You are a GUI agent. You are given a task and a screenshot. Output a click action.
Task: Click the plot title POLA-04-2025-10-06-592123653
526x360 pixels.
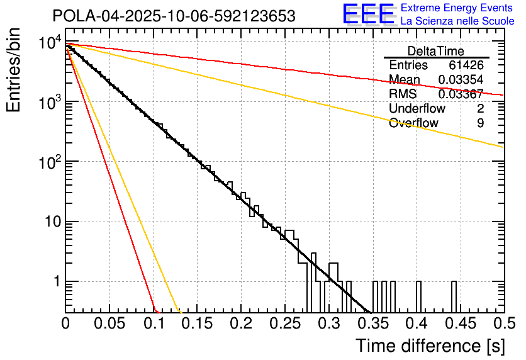coord(174,16)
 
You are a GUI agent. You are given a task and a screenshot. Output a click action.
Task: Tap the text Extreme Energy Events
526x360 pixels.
coord(457,8)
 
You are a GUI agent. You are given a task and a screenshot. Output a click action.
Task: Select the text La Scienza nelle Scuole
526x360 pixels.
coord(457,21)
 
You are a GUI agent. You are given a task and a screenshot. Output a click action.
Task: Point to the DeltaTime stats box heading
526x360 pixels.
coord(435,51)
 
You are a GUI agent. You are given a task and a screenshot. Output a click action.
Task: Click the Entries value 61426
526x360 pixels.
coord(466,65)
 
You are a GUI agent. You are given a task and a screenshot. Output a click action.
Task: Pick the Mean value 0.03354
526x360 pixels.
coord(461,80)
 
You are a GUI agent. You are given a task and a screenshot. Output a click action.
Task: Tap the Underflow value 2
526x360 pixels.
coord(480,109)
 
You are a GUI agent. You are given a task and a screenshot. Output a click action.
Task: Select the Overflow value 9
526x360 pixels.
coord(480,123)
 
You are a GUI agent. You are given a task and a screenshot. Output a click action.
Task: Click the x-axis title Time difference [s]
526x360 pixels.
coord(429,346)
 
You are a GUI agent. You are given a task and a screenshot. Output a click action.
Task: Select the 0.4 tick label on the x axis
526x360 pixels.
coord(416,324)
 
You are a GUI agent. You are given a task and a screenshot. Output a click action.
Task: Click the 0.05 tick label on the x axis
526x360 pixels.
coord(109,324)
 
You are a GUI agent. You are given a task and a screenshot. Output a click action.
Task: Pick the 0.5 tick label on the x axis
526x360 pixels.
coord(503,324)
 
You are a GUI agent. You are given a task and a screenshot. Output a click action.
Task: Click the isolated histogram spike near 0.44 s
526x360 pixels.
coord(454,296)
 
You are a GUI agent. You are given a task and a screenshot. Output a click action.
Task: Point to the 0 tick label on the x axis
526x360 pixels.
coord(65,324)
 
